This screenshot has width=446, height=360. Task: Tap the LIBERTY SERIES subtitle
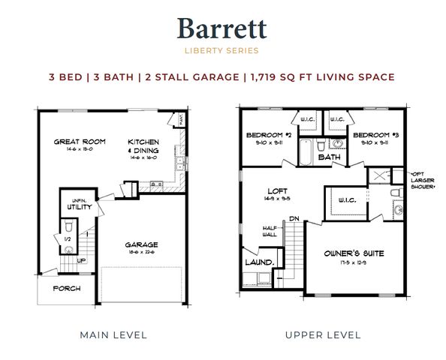[222, 51]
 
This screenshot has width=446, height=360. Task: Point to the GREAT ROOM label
[79, 141]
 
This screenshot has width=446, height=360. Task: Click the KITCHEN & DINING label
[143, 145]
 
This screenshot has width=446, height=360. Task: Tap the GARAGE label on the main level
[141, 244]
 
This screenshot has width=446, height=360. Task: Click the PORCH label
[66, 289]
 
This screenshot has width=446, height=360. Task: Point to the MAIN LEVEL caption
[113, 334]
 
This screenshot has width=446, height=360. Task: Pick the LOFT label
[277, 190]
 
